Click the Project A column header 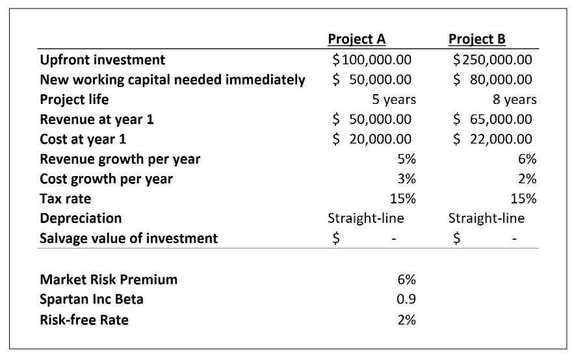pos(356,39)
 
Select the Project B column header pos(476,39)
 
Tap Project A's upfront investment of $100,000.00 pos(371,60)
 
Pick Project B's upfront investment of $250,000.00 pos(492,60)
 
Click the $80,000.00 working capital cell pos(492,80)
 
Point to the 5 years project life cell pos(394,99)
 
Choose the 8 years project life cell pos(515,99)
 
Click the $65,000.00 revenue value pos(492,119)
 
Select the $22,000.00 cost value pos(492,139)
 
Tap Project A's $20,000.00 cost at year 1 pos(371,139)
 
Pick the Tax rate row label pos(66,198)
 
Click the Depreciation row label pos(81,218)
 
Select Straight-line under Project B pos(486,218)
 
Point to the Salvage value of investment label pos(129,238)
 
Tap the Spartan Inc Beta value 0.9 pos(406,300)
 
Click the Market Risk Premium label pos(109,279)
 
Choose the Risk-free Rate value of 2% pos(406,320)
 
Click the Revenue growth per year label pos(120,159)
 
